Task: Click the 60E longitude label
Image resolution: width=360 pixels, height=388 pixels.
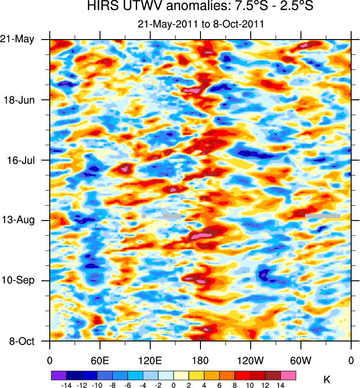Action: [x=100, y=360]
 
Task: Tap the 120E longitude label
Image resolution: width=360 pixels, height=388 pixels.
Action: [x=150, y=360]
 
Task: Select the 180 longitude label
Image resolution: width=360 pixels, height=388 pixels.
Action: [x=200, y=360]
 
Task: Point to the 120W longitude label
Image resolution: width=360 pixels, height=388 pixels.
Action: [x=250, y=360]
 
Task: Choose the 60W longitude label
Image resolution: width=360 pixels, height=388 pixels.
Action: [x=300, y=360]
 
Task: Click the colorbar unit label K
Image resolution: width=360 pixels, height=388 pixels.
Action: [x=327, y=380]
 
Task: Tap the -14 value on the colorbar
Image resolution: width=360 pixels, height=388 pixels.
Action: [x=67, y=385]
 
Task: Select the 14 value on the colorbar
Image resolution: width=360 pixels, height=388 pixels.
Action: [x=281, y=385]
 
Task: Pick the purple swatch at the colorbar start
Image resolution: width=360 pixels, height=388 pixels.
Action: [x=59, y=375]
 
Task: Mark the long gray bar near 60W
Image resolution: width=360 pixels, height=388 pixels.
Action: [x=323, y=216]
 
